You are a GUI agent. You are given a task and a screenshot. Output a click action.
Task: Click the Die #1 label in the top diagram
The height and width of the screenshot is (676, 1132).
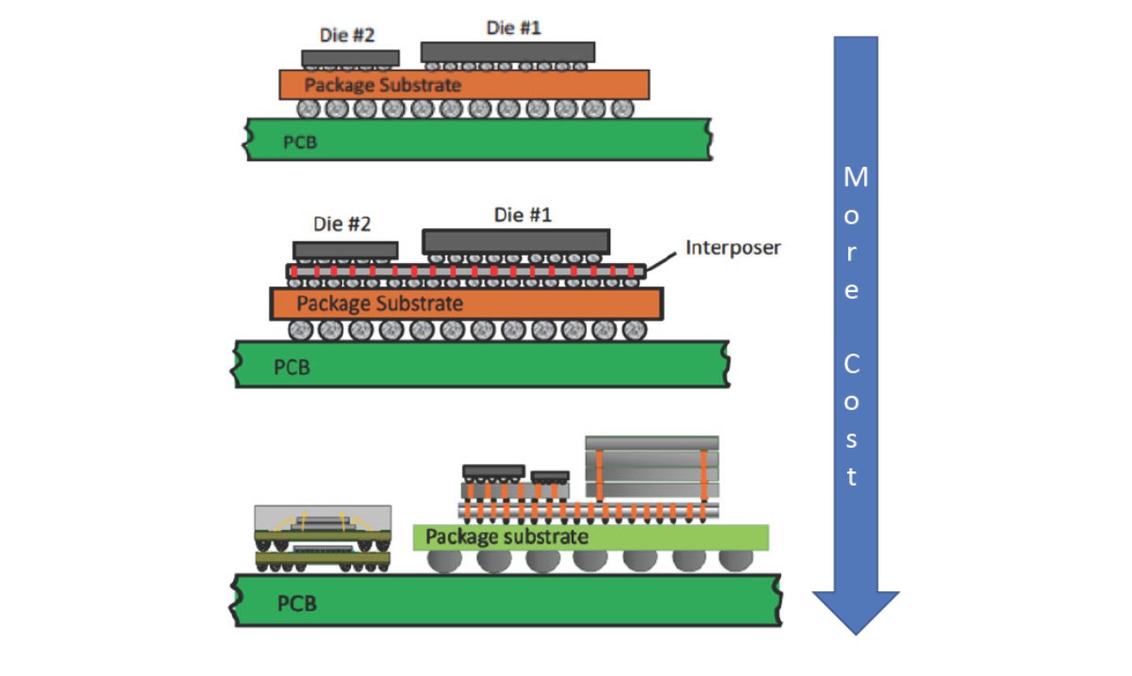pyautogui.click(x=514, y=28)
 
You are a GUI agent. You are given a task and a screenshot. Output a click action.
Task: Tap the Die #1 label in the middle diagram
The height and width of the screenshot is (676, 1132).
pyautogui.click(x=522, y=216)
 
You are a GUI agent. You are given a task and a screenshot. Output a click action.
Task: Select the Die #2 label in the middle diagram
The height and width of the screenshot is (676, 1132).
pyautogui.click(x=341, y=224)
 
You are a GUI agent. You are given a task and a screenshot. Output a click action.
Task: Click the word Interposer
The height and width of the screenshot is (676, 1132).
pyautogui.click(x=733, y=248)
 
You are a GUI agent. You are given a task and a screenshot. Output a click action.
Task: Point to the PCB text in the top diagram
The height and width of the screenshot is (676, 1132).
pyautogui.click(x=300, y=143)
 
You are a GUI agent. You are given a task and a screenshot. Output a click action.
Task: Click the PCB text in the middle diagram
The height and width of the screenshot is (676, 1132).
pyautogui.click(x=291, y=367)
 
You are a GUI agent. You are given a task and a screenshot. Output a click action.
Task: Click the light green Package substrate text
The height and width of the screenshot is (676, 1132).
pyautogui.click(x=507, y=537)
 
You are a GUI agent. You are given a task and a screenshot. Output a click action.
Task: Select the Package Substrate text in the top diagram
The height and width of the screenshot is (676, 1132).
pyautogui.click(x=383, y=85)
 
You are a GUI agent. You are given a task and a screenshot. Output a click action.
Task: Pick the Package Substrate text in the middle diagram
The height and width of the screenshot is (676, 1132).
pyautogui.click(x=380, y=304)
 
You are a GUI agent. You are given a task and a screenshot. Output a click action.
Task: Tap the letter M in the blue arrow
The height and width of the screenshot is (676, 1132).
pyautogui.click(x=855, y=177)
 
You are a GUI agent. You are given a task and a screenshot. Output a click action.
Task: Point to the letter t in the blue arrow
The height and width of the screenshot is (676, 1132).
pyautogui.click(x=852, y=477)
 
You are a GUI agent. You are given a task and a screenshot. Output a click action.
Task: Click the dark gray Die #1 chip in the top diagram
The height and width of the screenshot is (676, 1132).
pyautogui.click(x=508, y=51)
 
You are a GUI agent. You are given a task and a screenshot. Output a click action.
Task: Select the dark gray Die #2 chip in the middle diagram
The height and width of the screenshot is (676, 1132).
pyautogui.click(x=345, y=250)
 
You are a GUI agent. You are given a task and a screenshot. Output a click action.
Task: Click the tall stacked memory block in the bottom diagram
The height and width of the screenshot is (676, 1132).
pyautogui.click(x=652, y=468)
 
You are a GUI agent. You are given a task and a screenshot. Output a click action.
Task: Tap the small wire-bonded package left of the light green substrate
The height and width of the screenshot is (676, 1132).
pyautogui.click(x=323, y=537)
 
